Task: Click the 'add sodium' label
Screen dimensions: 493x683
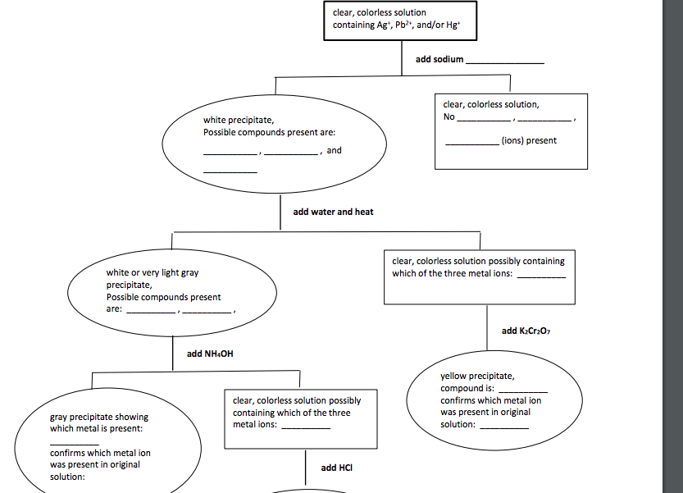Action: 439,59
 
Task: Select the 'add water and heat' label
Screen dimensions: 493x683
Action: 333,212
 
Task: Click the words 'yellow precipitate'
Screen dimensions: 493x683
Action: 477,376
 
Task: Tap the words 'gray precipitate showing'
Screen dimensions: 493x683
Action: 99,417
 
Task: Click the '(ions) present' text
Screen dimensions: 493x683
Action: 529,140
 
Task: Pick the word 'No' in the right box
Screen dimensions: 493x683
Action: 449,116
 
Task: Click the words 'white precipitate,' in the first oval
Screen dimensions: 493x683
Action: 239,120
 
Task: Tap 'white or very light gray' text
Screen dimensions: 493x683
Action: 153,272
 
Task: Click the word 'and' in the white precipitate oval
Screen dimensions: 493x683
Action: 334,150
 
